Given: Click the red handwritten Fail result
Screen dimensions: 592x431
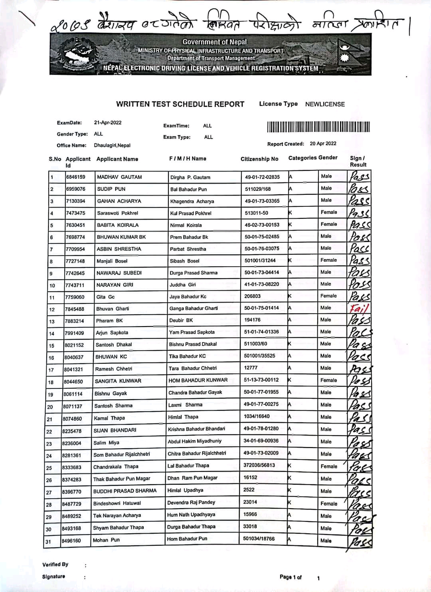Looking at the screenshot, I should click(x=359, y=309).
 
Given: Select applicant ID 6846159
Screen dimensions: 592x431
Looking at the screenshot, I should click(x=75, y=177).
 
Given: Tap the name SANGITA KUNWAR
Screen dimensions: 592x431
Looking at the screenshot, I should click(x=118, y=381).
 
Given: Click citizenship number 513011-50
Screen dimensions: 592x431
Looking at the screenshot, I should click(x=256, y=213).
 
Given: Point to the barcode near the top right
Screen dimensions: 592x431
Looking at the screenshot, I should click(x=318, y=127).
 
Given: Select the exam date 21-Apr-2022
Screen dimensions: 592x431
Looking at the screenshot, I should click(x=108, y=123).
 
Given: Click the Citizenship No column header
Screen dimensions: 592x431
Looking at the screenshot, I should click(x=259, y=159).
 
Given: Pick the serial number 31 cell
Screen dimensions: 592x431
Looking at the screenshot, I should click(x=48, y=542).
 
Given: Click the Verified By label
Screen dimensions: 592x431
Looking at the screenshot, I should click(x=55, y=564).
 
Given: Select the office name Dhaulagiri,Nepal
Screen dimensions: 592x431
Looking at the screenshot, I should click(x=112, y=145).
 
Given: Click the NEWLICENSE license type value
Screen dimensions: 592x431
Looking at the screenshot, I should click(x=325, y=104).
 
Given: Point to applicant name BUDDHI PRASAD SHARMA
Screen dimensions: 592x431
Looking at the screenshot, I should click(x=125, y=491).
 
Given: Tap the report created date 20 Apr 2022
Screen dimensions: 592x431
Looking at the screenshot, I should click(x=323, y=143).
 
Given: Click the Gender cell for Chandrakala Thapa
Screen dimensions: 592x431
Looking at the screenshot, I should click(x=329, y=466).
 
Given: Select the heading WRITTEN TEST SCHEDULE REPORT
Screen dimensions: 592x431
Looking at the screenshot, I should click(x=180, y=104).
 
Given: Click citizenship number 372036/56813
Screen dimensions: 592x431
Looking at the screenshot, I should click(x=259, y=465).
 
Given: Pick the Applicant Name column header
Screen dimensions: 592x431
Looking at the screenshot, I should click(x=117, y=159).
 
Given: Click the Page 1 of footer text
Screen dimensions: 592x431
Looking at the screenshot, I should click(x=291, y=577).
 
